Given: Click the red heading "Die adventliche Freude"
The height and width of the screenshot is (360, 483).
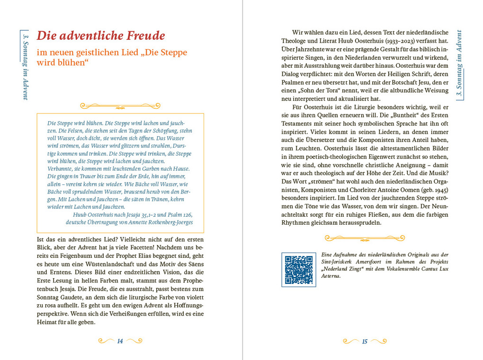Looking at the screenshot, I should pos(101,36).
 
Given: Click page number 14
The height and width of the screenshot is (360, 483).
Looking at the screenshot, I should pos(120,342).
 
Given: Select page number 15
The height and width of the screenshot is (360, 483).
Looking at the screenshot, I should pos(365,342).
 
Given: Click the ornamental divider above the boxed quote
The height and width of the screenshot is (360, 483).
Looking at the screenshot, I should pos(120,105).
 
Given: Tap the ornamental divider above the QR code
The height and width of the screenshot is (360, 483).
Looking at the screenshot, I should pos(365,238).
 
